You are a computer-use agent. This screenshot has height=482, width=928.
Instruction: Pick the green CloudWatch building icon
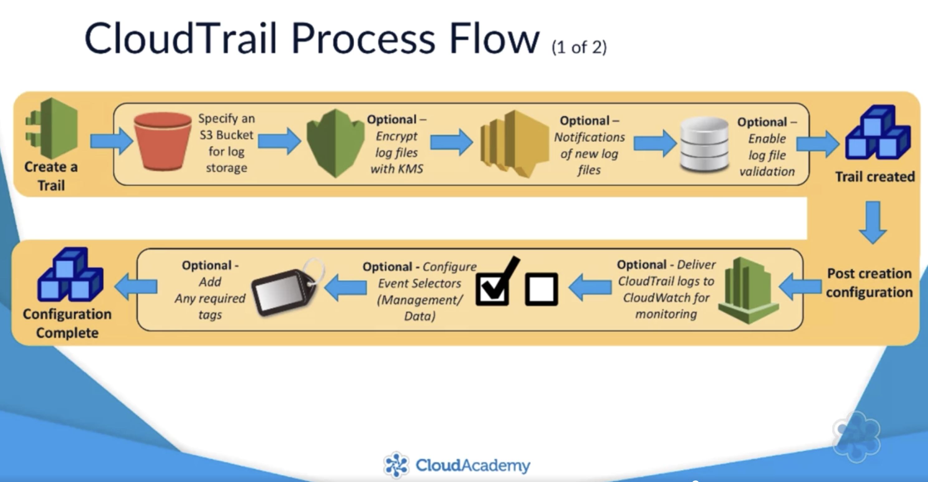(x=747, y=290)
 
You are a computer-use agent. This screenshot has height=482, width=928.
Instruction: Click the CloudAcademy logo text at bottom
(x=473, y=465)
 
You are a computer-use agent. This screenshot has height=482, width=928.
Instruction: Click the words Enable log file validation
(x=767, y=155)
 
